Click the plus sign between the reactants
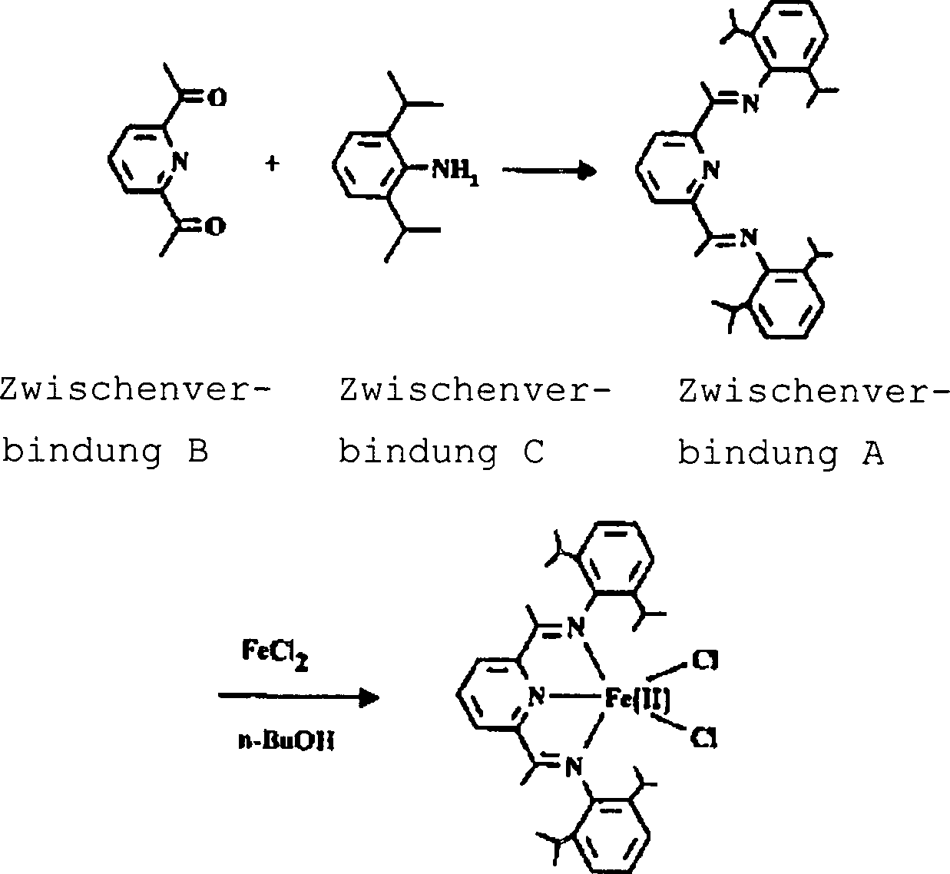tap(272, 164)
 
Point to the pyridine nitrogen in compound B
tap(180, 161)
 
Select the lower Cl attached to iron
tap(704, 738)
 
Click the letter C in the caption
tap(534, 452)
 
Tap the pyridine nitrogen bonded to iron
tap(537, 697)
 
